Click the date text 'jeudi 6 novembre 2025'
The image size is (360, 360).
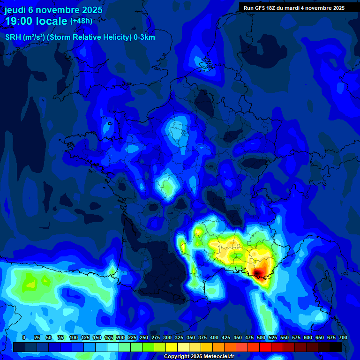click(53, 9)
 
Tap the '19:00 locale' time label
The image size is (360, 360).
click(36, 21)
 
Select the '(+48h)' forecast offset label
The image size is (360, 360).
click(81, 21)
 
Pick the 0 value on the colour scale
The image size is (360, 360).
click(24, 337)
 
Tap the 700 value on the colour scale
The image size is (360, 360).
click(343, 337)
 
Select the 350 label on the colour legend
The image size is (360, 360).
click(191, 337)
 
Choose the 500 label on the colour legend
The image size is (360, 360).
click(261, 337)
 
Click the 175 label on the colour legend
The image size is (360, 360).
click(109, 337)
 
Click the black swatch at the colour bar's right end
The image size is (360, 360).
click(335, 347)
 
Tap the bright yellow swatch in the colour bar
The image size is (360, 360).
click(171, 347)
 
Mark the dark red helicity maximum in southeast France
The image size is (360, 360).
click(259, 272)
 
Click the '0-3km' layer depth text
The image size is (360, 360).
click(144, 37)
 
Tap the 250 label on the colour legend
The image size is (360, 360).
click(144, 337)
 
